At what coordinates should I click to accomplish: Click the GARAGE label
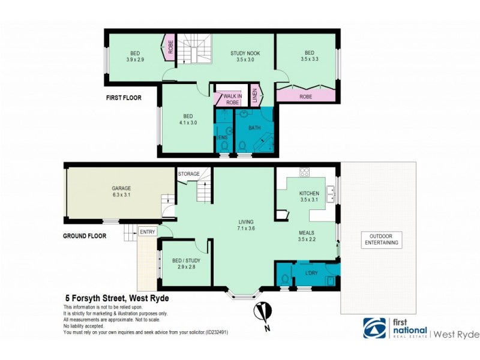[121, 188]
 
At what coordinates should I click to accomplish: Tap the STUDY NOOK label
[246, 53]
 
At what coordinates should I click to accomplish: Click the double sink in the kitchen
[330, 193]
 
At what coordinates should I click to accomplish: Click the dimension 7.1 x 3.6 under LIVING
[245, 229]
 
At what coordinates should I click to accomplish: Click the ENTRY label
[146, 232]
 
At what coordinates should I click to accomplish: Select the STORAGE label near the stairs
[188, 174]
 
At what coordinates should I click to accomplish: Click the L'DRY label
[311, 273]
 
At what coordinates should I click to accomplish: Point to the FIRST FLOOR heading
[122, 97]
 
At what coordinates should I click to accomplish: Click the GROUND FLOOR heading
[85, 236]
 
